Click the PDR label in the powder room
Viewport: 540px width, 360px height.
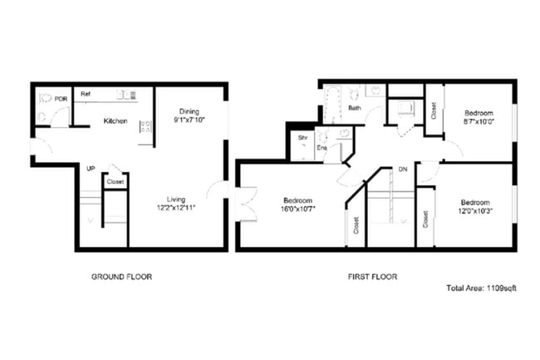(60, 99)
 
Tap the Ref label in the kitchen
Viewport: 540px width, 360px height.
(85, 95)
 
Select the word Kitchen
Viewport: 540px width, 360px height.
(115, 121)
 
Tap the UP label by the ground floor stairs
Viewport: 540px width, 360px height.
(91, 169)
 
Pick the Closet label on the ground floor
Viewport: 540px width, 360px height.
(115, 181)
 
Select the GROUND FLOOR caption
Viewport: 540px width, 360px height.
(120, 277)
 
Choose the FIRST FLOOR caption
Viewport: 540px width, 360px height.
(371, 277)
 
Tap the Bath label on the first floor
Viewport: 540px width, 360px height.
(354, 108)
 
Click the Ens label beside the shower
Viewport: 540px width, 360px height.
(322, 148)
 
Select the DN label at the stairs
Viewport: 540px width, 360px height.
(402, 169)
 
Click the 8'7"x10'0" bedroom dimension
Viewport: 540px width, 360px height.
(479, 121)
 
